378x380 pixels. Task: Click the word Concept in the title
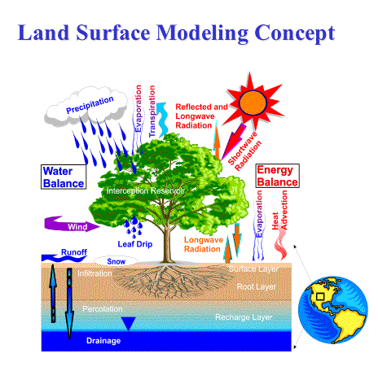pos(295,33)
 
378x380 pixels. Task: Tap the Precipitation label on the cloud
pos(90,105)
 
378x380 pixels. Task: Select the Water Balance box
pos(64,177)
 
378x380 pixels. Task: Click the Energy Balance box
pos(277,176)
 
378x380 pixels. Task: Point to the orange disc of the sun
pos(253,103)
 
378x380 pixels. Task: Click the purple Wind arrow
pos(72,224)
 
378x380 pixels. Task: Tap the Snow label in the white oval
pos(116,261)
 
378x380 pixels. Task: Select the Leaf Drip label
pos(135,244)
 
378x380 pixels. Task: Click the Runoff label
pos(74,252)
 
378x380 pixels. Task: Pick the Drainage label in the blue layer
pos(103,341)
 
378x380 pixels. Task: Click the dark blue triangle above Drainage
pos(128,323)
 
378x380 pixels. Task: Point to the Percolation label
pos(103,309)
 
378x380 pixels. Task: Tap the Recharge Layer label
pos(244,317)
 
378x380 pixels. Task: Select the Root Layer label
pos(257,286)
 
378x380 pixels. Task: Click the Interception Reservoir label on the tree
pos(146,190)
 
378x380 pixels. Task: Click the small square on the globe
pos(320,296)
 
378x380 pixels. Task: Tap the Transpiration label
pos(152,111)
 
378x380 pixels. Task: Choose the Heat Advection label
pos(279,210)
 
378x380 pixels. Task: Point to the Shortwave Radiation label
pos(245,151)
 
